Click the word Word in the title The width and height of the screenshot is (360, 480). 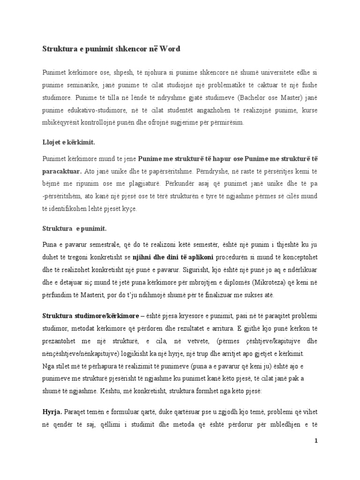pyautogui.click(x=168, y=49)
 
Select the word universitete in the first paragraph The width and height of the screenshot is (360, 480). pyautogui.click(x=264, y=73)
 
